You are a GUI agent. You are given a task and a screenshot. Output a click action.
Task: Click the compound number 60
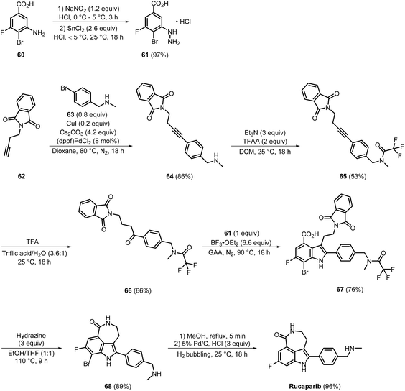(21, 55)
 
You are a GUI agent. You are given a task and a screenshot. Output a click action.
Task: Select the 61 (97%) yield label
(156, 55)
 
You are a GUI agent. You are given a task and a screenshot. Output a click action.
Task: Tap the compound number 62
(22, 176)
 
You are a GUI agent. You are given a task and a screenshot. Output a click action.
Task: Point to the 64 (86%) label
(180, 176)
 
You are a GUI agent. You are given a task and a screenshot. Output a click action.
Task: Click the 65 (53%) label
(353, 176)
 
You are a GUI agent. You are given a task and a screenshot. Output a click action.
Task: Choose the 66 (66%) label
(138, 290)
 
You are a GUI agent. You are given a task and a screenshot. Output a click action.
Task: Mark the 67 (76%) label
(350, 289)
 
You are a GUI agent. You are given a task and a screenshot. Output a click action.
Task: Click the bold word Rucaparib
(301, 387)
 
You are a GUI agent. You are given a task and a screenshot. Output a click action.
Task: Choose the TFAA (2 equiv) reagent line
(264, 142)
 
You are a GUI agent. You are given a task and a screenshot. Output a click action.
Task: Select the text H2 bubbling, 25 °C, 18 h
(212, 354)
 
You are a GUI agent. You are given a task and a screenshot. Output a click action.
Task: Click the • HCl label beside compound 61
(183, 22)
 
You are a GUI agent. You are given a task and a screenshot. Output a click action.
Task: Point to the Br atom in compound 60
(20, 42)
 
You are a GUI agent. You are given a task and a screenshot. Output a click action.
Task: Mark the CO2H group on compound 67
(309, 234)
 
